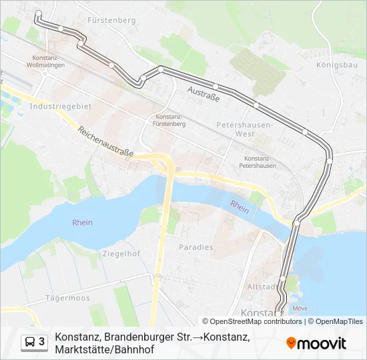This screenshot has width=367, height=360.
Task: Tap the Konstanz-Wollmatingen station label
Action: coord(47,62)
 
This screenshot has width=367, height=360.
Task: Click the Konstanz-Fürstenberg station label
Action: coord(169,120)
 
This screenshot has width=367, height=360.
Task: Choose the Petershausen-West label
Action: coord(245,129)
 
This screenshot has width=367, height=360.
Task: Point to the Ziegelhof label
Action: coord(121,253)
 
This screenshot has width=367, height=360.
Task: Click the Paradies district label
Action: coord(196,247)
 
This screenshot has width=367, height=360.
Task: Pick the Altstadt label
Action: coord(261,287)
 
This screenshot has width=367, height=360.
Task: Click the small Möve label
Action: coord(300,308)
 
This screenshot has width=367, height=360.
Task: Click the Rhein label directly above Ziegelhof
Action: coord(83,223)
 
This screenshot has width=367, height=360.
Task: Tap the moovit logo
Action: coord(316,343)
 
